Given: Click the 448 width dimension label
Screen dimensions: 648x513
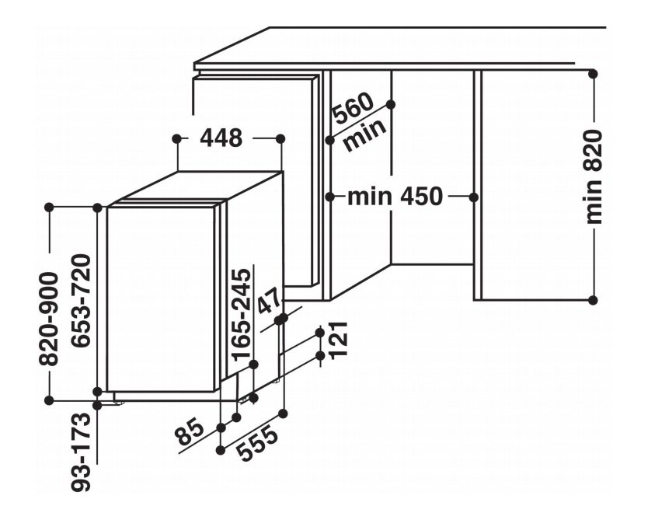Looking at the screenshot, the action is (221, 138).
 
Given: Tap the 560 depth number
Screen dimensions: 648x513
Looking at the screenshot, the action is (354, 108).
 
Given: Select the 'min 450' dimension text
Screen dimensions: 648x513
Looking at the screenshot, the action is (395, 197).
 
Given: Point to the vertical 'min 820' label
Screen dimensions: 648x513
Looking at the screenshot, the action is (594, 177).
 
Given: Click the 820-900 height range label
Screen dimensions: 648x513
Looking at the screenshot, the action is (49, 319).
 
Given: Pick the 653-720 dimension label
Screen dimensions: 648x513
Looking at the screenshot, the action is (80, 301).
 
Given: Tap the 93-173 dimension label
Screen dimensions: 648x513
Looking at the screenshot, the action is (80, 452).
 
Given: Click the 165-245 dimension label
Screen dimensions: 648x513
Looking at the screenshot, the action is (241, 315).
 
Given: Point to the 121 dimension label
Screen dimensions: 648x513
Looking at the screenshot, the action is (339, 339).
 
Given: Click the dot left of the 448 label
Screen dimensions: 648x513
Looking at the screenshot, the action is (177, 138).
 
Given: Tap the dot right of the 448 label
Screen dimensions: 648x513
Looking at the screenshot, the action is (280, 138).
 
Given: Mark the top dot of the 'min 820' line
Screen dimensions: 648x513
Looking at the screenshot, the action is (593, 74).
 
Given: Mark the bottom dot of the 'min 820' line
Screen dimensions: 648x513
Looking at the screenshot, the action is (593, 300).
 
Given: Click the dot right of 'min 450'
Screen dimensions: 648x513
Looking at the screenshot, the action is (474, 197).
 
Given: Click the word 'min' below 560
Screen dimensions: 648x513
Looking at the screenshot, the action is (364, 134).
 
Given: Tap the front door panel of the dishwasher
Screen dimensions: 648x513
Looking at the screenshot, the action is (160, 299).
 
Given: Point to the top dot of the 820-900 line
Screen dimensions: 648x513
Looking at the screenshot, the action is (49, 208).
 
